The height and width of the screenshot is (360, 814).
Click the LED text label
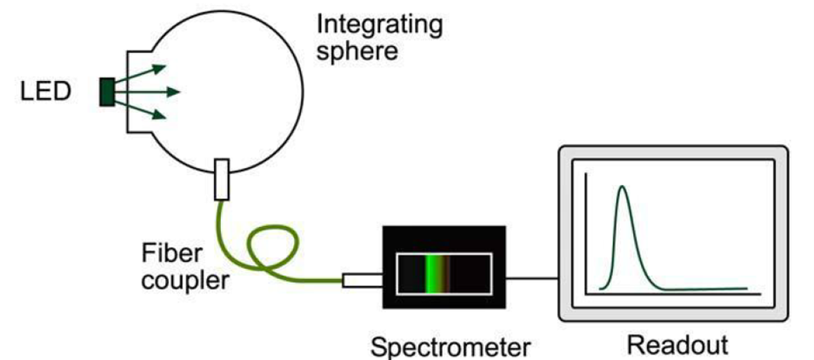coord(46,90)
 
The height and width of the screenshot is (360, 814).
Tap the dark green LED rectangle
coord(107,91)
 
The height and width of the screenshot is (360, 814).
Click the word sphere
coord(357,50)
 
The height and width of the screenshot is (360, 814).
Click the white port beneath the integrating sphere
coord(221,177)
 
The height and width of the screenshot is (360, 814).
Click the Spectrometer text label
coord(450,346)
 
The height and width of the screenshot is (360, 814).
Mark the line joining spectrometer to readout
coord(531,279)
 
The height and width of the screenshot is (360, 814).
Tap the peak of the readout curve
coord(621,188)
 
